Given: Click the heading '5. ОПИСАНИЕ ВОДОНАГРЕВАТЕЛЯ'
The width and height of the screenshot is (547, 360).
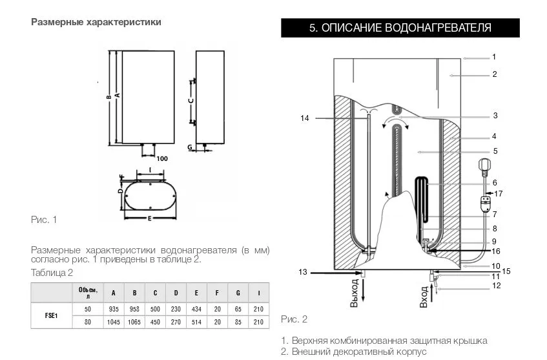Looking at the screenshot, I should click(x=400, y=28).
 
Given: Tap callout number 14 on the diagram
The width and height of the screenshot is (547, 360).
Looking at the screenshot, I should click(x=305, y=118).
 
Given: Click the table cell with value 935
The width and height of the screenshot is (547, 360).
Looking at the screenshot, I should click(x=114, y=310).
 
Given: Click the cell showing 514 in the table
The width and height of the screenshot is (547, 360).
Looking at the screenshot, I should click(x=197, y=322).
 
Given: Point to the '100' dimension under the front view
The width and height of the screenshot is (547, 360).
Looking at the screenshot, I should click(x=162, y=158).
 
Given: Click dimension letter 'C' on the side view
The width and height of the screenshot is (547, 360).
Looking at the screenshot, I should click(x=191, y=101).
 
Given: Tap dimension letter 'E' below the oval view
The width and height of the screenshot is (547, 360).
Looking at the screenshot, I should click(x=149, y=218).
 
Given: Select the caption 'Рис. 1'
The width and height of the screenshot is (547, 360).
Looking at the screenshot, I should click(x=44, y=220).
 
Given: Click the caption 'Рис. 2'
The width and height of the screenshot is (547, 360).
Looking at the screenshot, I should click(x=294, y=319).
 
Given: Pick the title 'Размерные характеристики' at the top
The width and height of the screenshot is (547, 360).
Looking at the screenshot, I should click(x=96, y=22).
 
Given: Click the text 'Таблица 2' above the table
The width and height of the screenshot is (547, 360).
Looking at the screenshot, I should click(x=52, y=272).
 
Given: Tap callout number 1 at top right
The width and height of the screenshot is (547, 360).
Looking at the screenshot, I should click(x=494, y=57).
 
